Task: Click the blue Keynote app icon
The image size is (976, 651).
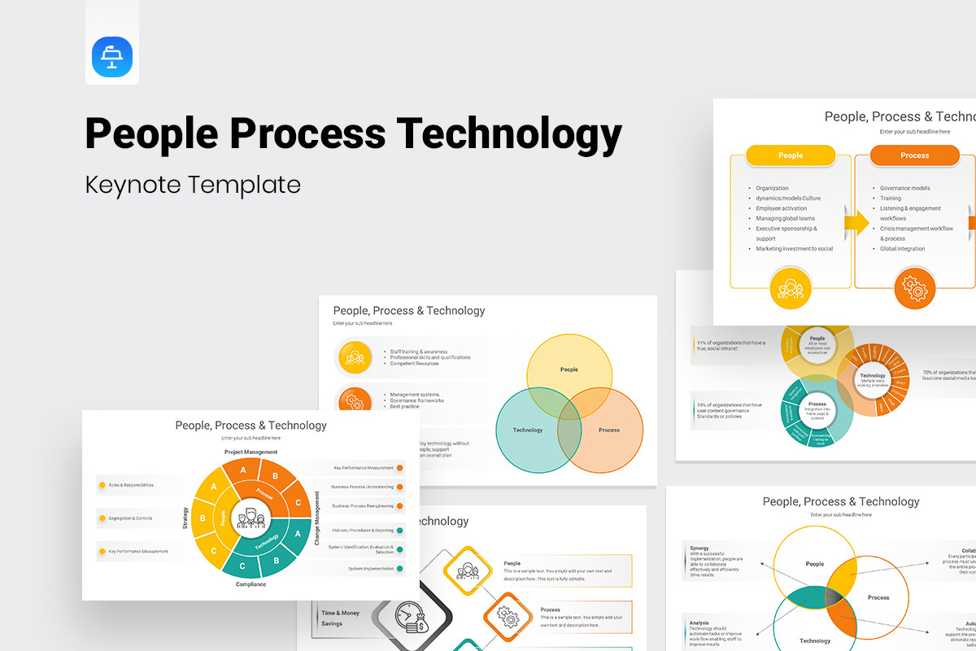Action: (112, 57)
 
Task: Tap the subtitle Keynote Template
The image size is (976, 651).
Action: (193, 185)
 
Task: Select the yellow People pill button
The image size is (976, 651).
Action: (790, 155)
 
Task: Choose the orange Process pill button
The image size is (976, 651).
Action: (914, 155)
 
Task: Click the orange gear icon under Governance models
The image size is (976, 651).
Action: (915, 288)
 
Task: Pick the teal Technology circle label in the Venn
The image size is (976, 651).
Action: (527, 430)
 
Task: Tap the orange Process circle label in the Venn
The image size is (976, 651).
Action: (608, 430)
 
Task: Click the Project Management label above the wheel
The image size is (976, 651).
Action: (251, 452)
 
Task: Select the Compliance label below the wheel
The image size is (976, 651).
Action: (251, 584)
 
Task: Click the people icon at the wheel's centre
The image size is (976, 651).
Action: (251, 517)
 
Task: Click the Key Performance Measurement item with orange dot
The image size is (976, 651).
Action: (364, 468)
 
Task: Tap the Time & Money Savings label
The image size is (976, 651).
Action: (340, 618)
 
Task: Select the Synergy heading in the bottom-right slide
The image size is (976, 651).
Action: (699, 548)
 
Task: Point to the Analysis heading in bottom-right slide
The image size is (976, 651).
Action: (699, 623)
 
